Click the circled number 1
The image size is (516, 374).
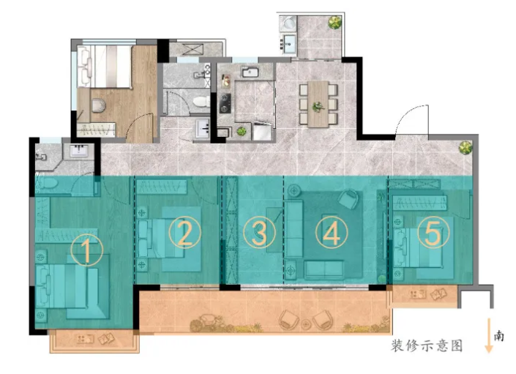point(87,250)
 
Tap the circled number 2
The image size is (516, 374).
point(184,232)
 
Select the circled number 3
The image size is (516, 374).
point(259,232)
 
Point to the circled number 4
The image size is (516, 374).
point(332,233)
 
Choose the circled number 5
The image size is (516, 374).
point(433,232)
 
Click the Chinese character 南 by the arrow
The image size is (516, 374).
point(499,335)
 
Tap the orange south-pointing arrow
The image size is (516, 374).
point(489,335)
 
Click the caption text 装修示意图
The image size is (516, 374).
point(427,345)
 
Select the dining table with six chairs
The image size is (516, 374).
point(318,104)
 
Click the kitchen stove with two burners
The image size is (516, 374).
point(225,103)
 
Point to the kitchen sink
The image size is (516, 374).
point(250,72)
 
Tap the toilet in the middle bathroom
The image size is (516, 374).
point(201,102)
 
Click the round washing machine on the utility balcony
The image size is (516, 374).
point(289,23)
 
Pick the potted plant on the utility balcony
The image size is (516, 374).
point(334,23)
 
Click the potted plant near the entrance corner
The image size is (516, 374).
point(465,148)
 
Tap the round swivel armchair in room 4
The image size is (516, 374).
point(348,198)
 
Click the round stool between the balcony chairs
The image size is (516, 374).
point(306,324)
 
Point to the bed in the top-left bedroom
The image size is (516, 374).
point(105,67)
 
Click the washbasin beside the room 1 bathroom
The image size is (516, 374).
point(79,152)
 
